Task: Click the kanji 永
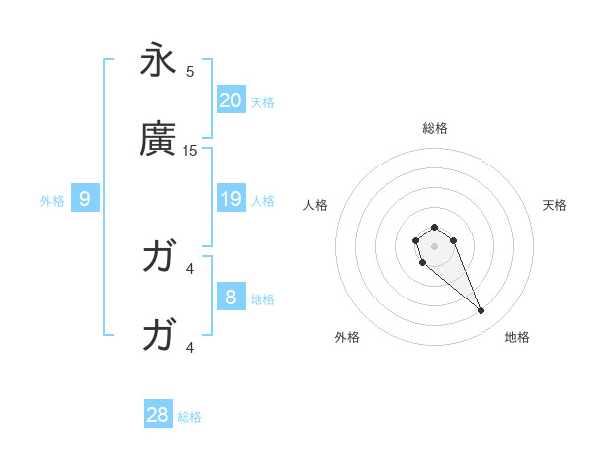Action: (x=158, y=60)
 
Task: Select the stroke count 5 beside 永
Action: (x=190, y=71)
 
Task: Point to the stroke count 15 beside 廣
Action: (x=190, y=151)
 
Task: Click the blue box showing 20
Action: (x=230, y=100)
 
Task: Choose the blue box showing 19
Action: (x=230, y=199)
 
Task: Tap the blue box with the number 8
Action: (x=230, y=298)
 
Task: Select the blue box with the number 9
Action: (x=85, y=199)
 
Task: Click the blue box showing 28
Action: (x=158, y=415)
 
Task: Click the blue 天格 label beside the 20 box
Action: (x=261, y=101)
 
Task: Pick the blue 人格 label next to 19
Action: (x=261, y=200)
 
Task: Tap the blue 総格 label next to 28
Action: (x=189, y=416)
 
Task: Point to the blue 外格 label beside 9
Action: (x=52, y=200)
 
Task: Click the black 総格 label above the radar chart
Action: (x=434, y=128)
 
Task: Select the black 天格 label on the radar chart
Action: (x=555, y=205)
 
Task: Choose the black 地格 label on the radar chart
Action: (x=517, y=337)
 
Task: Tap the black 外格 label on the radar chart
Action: (x=347, y=337)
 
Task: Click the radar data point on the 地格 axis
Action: (x=481, y=311)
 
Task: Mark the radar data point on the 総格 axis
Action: (x=434, y=227)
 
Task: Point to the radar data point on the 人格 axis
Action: (x=416, y=240)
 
